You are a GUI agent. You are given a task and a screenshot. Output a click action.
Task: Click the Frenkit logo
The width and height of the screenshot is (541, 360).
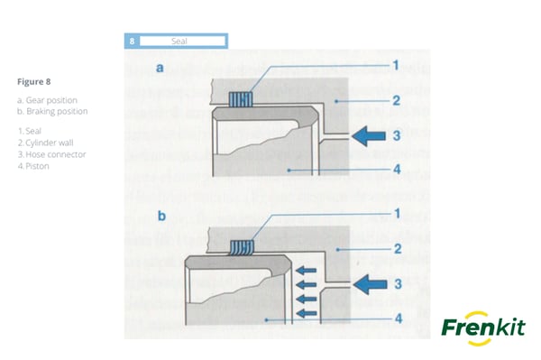(x=483, y=328)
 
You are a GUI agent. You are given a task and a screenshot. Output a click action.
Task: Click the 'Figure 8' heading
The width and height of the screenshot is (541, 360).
(x=34, y=82)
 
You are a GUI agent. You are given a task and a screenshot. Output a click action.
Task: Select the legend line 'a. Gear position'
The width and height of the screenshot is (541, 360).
(x=47, y=100)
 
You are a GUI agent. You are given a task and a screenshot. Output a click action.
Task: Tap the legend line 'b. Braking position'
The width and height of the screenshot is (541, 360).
(x=52, y=111)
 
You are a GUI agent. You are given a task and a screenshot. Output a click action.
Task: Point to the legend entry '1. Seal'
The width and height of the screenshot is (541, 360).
(x=30, y=131)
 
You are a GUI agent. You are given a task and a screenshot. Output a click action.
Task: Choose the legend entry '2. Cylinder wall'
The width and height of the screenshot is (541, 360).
(x=46, y=143)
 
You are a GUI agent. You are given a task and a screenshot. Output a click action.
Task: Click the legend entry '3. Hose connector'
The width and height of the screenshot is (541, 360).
(x=51, y=154)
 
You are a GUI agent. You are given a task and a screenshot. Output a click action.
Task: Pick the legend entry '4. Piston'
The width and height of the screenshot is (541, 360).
(x=33, y=166)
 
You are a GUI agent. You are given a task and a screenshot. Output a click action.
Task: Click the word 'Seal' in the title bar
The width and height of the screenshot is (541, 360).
(x=179, y=42)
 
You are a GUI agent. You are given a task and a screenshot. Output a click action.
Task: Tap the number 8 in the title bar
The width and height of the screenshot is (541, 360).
(x=132, y=42)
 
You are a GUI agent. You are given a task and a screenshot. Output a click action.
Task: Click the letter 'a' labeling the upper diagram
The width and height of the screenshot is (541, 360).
(x=160, y=68)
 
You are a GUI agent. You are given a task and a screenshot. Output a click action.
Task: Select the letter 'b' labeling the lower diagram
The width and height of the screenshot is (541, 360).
(x=161, y=216)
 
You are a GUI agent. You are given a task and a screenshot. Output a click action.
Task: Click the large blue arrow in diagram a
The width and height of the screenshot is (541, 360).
(x=369, y=136)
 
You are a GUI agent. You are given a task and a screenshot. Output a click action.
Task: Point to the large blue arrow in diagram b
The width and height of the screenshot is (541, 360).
(x=370, y=284)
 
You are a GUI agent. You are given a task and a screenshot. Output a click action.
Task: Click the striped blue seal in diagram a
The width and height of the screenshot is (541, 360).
(x=241, y=99)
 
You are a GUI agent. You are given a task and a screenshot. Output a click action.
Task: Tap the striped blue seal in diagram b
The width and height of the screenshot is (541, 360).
(x=243, y=247)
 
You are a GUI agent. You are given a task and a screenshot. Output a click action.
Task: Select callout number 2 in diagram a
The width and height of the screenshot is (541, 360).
(x=397, y=101)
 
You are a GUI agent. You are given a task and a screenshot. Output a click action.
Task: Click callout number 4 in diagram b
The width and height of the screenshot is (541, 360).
(x=399, y=318)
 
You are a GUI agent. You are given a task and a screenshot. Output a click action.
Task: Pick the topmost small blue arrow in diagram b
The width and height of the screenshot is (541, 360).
(x=306, y=271)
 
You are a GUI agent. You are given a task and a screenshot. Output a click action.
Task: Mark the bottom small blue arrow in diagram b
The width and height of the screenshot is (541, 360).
(x=307, y=313)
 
